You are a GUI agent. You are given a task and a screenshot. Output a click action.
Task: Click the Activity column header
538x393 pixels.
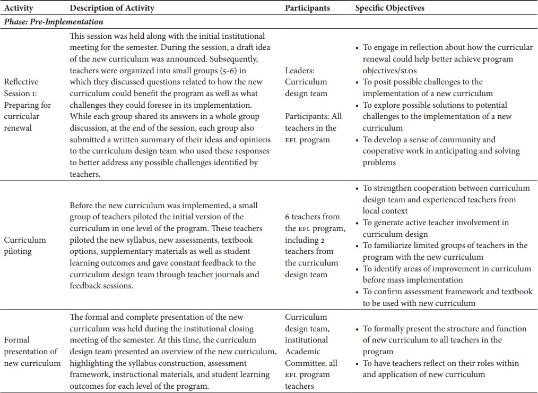19,8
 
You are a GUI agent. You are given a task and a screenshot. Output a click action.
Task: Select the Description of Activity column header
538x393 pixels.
112,8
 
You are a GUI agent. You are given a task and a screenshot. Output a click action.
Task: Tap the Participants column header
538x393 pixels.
307,8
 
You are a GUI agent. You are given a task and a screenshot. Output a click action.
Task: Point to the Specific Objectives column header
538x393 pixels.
389,8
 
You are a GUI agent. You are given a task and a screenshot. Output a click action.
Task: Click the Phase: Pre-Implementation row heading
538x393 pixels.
54,22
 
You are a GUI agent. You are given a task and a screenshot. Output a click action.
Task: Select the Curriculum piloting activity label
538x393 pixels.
25,245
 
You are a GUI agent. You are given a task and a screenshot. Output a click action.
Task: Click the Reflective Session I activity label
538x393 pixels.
28,105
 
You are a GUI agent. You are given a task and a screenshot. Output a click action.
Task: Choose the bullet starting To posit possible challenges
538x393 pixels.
422,87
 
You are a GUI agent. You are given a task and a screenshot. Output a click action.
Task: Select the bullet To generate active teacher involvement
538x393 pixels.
435,228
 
